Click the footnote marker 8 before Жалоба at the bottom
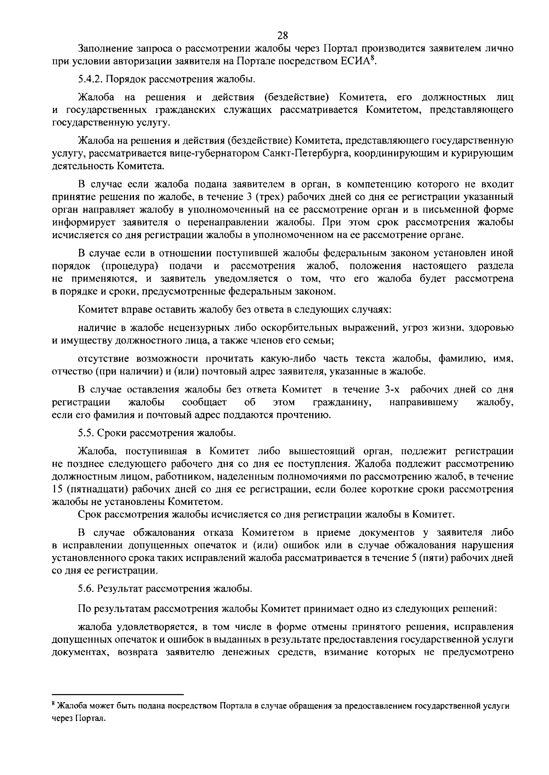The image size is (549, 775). point(54,704)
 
